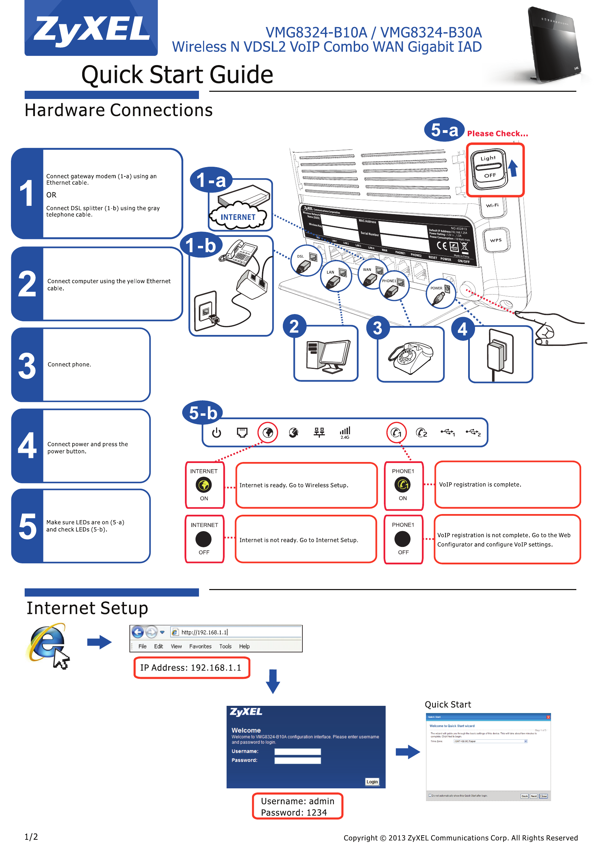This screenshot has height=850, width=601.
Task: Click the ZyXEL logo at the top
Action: (x=91, y=29)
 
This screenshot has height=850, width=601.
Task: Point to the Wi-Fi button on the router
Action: (x=492, y=205)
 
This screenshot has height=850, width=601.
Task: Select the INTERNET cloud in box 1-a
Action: (x=238, y=216)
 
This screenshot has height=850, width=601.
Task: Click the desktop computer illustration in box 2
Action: (x=328, y=355)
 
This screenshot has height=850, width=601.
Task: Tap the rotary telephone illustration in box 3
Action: (x=411, y=357)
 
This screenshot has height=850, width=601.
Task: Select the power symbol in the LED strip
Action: (x=217, y=432)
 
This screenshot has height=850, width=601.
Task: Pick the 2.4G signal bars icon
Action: (x=345, y=432)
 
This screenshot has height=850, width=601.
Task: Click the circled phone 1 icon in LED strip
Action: (x=396, y=432)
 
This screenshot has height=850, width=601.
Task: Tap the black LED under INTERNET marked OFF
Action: (x=204, y=539)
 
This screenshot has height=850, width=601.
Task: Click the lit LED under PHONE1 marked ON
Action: (x=402, y=485)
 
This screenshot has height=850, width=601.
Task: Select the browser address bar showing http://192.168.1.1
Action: (x=237, y=632)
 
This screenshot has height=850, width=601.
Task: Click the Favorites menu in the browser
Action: (x=200, y=646)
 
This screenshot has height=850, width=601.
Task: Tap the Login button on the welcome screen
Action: (x=372, y=782)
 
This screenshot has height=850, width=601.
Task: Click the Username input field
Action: (x=297, y=751)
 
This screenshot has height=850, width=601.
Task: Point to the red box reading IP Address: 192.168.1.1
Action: (x=192, y=667)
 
